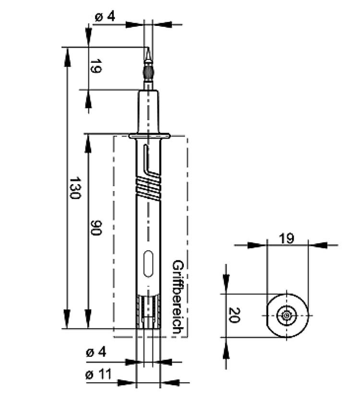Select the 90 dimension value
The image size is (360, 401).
[96, 228]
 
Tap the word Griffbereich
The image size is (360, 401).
[177, 297]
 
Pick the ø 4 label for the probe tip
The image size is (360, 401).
[105, 16]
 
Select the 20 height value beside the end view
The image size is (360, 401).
[234, 315]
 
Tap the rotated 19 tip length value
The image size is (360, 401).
[95, 67]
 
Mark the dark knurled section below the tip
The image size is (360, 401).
[148, 73]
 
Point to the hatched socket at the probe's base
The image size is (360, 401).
[148, 312]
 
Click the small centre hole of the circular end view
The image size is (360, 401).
[287, 315]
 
